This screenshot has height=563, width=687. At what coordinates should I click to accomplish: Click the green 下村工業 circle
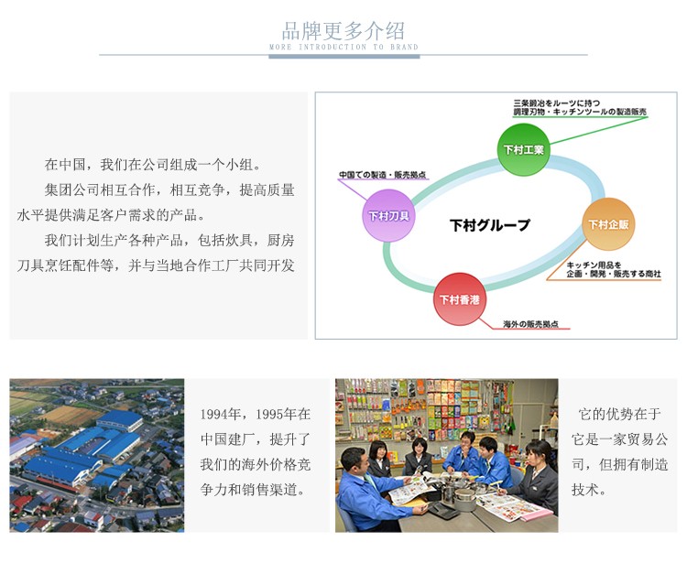click(523, 150)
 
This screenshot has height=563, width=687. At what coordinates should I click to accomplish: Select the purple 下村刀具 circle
click(388, 215)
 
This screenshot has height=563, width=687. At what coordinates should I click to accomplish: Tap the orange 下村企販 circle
click(608, 224)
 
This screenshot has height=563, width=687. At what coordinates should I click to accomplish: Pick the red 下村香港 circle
click(460, 299)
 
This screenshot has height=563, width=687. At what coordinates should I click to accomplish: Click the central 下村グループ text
click(490, 225)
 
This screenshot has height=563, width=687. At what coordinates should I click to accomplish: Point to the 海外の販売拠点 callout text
click(530, 324)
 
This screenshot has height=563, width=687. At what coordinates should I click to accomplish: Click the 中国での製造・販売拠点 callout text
click(383, 175)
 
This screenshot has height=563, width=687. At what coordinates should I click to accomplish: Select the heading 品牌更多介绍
click(343, 30)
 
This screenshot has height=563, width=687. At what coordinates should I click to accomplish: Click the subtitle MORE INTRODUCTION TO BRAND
click(343, 47)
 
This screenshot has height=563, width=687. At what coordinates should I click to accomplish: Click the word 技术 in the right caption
click(585, 490)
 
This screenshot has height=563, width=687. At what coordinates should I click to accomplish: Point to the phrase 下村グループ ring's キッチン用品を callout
click(594, 265)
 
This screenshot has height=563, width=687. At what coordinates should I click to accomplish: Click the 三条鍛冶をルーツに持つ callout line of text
click(556, 103)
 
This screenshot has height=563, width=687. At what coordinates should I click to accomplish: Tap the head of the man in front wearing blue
click(354, 462)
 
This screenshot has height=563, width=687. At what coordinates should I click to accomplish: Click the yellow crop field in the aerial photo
click(71, 415)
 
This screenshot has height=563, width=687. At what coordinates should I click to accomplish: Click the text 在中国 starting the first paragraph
click(65, 165)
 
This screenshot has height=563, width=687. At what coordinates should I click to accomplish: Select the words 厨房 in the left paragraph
click(280, 241)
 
